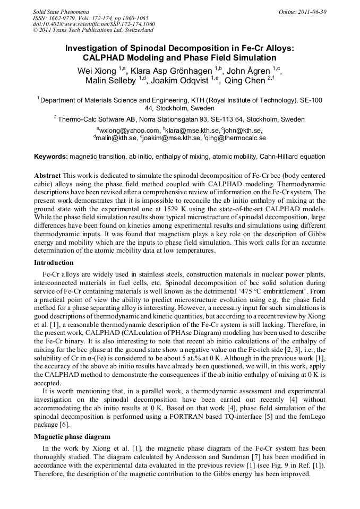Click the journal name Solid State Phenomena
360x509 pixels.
pos(61,12)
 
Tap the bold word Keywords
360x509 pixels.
pos(50,157)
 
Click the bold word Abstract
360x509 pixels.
pos(47,175)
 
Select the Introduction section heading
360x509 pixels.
pos(54,263)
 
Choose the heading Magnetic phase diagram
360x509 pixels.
pos(69,437)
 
